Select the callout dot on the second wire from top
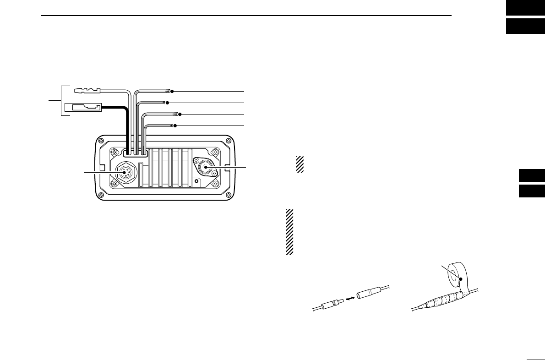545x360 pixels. pos(168,102)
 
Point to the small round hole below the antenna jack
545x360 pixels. pos(196,181)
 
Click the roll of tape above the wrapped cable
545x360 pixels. pos(456,274)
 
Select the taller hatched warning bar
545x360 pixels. pos(289,232)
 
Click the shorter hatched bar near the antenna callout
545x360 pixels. pos(300,164)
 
